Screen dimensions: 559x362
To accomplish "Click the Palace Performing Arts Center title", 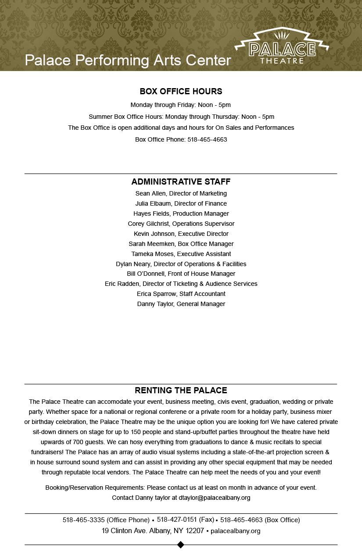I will click(128, 60).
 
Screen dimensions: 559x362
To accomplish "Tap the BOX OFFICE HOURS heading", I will click(181, 91).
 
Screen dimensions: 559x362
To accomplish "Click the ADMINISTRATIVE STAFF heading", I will click(181, 182).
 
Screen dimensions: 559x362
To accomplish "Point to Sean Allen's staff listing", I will click(181, 193).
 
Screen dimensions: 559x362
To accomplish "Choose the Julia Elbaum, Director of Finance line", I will click(181, 203).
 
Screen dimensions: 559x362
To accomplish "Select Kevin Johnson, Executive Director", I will click(181, 234).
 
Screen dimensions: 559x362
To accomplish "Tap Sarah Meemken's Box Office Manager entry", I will click(181, 244).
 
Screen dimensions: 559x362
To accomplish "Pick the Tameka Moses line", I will click(181, 254).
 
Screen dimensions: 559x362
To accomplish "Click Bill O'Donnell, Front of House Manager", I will click(181, 274).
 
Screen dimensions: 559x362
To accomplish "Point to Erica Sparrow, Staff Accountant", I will click(181, 294).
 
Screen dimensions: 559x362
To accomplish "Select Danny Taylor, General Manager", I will click(181, 304).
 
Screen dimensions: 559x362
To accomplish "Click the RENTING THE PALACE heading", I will click(181, 390).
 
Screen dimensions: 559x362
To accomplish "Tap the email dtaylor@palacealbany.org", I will click(215, 498).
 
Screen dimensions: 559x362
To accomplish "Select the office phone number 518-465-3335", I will click(83, 520).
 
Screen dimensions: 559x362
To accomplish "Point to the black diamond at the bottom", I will click(180, 545).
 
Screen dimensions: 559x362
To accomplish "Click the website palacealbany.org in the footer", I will click(235, 531).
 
